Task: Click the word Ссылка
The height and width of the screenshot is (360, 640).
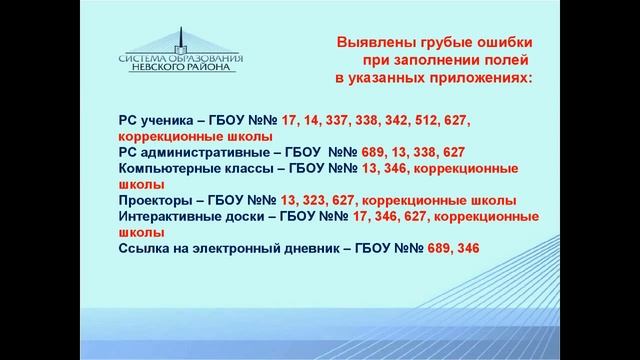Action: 143,248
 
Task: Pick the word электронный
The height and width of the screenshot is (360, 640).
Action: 240,248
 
